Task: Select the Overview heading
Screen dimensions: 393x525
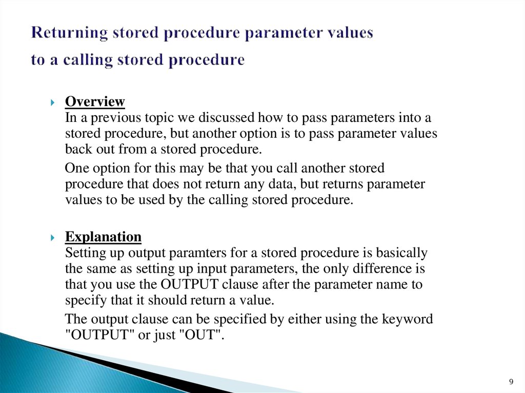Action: pyautogui.click(x=95, y=101)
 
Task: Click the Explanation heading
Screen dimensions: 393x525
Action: pyautogui.click(x=103, y=237)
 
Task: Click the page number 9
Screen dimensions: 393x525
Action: pyautogui.click(x=510, y=381)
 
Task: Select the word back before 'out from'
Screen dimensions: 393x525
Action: pyautogui.click(x=76, y=150)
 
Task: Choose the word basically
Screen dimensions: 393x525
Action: pyautogui.click(x=402, y=253)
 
